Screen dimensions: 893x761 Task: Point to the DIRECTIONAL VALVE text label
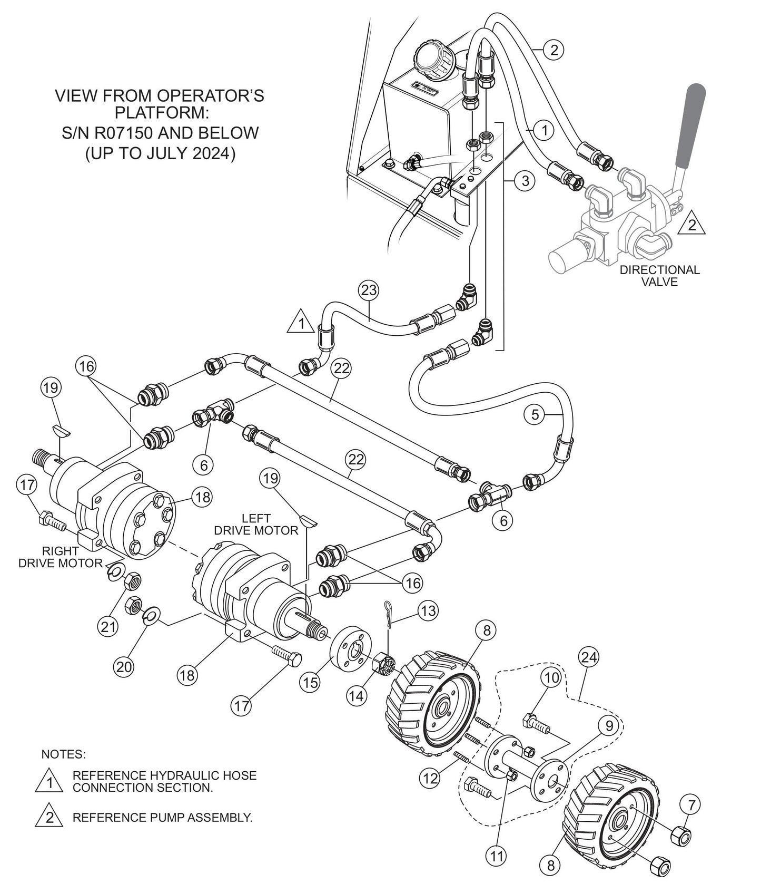[x=659, y=276]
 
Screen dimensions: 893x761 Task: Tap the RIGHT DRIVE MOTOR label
[x=61, y=557]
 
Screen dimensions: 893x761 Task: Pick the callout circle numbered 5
[x=535, y=414]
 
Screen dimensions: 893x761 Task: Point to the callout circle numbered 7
[x=691, y=805]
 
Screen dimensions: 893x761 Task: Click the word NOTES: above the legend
[x=63, y=754]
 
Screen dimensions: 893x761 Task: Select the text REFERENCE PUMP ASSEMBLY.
[x=162, y=818]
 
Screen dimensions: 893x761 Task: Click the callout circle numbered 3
[x=525, y=181]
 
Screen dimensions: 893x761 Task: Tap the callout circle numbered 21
[x=109, y=627]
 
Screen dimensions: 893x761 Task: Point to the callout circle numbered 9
[x=608, y=726]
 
